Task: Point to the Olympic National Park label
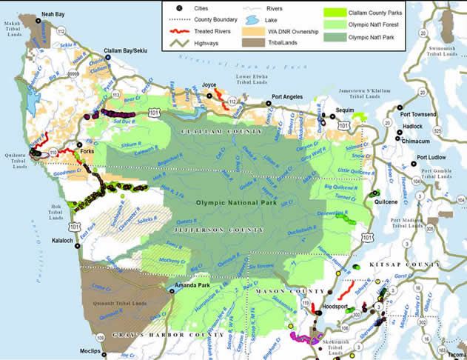point(232,201)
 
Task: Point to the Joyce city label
point(209,85)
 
